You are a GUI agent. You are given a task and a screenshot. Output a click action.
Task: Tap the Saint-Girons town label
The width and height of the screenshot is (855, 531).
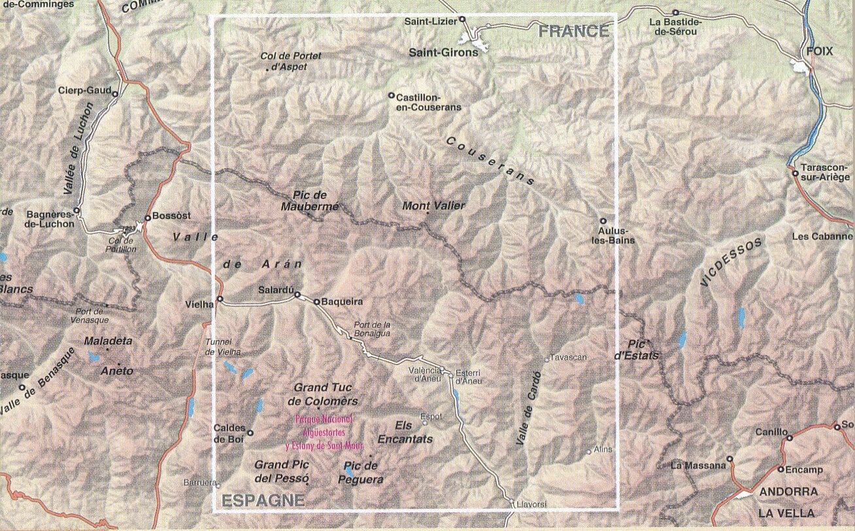coord(443,52)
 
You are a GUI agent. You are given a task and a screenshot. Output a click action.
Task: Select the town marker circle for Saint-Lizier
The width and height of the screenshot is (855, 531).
coord(462,20)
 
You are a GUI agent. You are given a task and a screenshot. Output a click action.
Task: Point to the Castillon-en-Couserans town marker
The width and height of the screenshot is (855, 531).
coord(392,95)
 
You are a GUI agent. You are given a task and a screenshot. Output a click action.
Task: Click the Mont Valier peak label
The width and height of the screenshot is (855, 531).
coord(433,206)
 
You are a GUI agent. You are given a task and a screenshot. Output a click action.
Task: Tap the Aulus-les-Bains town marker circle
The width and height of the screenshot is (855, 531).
coord(603,221)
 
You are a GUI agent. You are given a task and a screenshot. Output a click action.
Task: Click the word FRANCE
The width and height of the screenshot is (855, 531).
coord(573,31)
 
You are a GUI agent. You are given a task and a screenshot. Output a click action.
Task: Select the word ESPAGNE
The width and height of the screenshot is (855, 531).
coord(263,501)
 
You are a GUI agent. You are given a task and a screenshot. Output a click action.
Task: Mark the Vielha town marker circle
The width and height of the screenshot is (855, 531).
coord(220,299)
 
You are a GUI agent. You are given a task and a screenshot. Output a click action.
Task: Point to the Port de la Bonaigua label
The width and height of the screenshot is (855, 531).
coord(371,329)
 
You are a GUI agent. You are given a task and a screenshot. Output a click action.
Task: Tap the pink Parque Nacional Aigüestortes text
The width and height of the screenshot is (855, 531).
coord(324,432)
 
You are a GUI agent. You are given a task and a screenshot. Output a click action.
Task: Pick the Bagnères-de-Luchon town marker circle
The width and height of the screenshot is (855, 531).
coord(76,211)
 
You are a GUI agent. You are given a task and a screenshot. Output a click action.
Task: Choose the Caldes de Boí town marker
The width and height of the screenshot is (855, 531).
coord(250,432)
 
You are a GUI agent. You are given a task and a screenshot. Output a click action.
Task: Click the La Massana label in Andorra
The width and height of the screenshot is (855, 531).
coord(698,466)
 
